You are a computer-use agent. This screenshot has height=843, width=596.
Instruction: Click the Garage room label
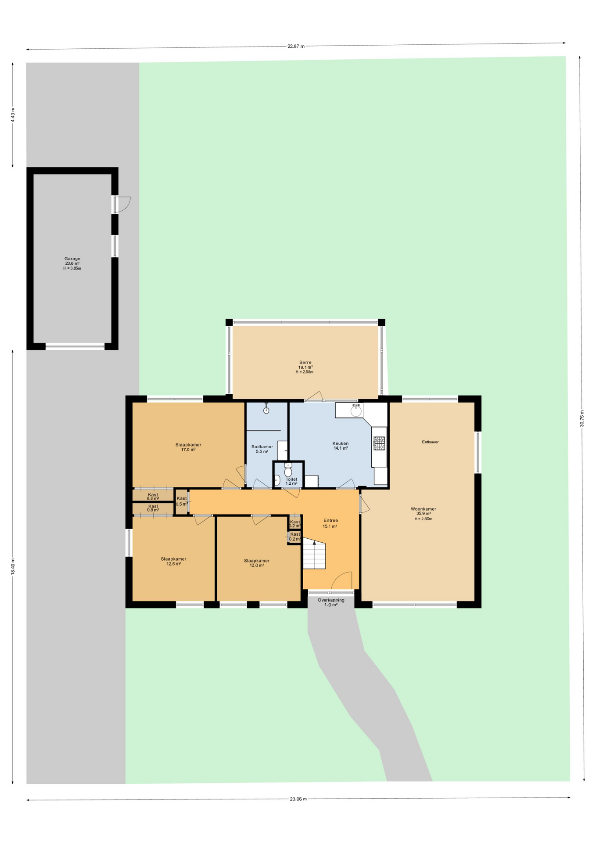[72, 263]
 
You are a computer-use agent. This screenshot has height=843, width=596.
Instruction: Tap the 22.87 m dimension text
[296, 46]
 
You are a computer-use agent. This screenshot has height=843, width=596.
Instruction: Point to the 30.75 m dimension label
[582, 418]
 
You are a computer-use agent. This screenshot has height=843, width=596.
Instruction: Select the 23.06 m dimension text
[298, 799]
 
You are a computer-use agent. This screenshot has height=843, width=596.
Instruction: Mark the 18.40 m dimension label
[13, 566]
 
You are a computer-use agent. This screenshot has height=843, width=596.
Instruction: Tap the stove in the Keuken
[379, 443]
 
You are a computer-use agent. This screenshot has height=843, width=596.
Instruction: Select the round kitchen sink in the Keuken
[356, 411]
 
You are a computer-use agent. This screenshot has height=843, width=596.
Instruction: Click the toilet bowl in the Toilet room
[288, 471]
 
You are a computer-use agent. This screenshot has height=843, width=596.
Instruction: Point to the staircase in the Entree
[314, 555]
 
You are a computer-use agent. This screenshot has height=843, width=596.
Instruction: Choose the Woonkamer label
[423, 514]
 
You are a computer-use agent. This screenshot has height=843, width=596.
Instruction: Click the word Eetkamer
[430, 442]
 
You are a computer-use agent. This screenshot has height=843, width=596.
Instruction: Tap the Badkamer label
[262, 449]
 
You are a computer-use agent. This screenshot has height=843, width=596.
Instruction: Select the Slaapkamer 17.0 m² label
[188, 447]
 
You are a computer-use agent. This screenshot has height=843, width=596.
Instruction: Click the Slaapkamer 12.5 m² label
[173, 561]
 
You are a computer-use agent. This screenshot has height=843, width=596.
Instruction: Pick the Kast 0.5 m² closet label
[181, 501]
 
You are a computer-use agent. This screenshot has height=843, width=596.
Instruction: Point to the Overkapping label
[331, 602]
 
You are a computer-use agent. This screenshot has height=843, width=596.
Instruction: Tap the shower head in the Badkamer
[266, 409]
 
